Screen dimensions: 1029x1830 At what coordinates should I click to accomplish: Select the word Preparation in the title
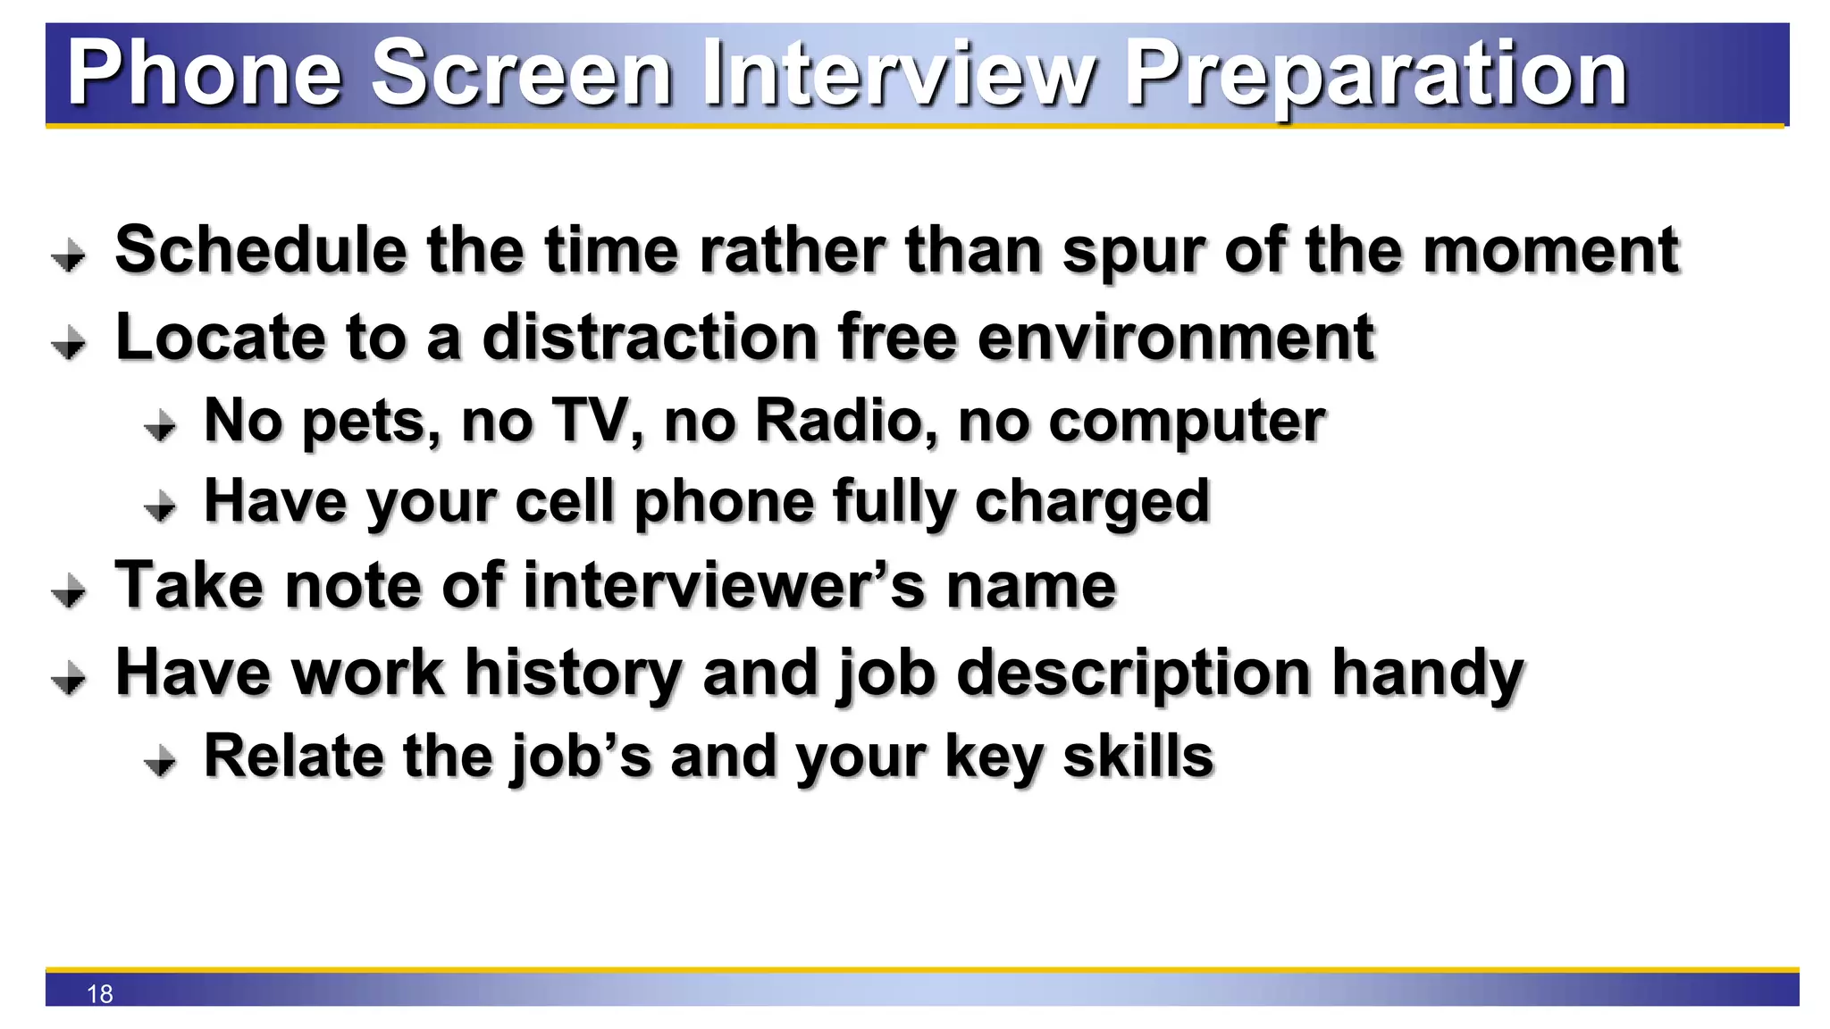(x=1376, y=75)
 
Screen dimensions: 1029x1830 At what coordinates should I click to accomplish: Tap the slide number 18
(x=100, y=993)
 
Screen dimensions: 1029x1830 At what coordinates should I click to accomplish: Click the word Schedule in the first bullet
(x=262, y=250)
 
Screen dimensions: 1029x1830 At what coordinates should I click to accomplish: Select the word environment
(x=1176, y=338)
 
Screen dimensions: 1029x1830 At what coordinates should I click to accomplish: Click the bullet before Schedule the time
(x=69, y=255)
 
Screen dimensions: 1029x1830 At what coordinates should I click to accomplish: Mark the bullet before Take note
(x=69, y=591)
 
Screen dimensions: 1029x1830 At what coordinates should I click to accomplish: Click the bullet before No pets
(x=161, y=426)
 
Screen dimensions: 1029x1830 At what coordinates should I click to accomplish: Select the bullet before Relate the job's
(x=161, y=762)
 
